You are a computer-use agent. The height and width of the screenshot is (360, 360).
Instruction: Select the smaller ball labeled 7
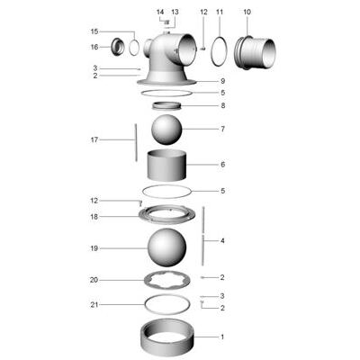(x=167, y=130)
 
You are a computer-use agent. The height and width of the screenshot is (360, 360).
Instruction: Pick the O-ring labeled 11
(x=218, y=50)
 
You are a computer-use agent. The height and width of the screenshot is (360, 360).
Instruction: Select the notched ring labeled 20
(x=167, y=280)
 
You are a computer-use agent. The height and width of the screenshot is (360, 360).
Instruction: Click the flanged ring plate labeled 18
(x=167, y=217)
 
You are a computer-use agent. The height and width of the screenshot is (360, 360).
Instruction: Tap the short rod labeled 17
(x=135, y=142)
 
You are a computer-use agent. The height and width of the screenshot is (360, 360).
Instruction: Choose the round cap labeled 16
(x=117, y=46)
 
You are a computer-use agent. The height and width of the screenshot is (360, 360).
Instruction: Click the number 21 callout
(x=94, y=304)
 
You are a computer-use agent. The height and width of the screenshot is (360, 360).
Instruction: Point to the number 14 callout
(x=160, y=12)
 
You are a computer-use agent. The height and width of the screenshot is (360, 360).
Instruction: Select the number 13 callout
(x=175, y=12)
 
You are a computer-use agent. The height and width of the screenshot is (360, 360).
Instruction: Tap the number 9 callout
(x=222, y=81)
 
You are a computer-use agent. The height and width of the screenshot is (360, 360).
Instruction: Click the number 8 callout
(x=222, y=105)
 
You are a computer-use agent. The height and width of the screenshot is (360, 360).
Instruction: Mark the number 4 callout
(x=222, y=241)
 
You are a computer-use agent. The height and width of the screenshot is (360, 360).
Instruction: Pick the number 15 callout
(x=94, y=31)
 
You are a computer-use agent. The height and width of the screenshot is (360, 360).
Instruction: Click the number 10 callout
(x=247, y=12)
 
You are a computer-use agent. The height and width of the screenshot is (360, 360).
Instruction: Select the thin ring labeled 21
(x=167, y=305)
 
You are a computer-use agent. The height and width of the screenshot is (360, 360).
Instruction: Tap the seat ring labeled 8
(x=167, y=106)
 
